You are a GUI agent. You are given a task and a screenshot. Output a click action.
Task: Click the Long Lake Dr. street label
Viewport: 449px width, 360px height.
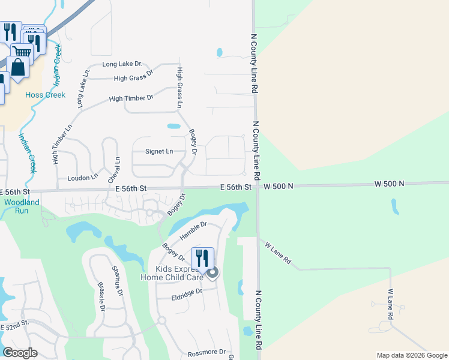tap(122, 64)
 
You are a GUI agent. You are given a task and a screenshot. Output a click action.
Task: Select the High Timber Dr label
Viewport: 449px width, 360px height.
tap(131, 97)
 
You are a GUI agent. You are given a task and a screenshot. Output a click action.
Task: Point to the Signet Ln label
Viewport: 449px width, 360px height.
tap(159, 152)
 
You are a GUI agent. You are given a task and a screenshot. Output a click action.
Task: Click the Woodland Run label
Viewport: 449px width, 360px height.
tap(22, 206)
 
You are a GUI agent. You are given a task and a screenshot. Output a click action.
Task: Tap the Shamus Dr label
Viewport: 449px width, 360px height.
tap(117, 281)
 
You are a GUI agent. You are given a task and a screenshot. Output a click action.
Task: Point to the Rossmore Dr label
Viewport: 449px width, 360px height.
tap(206, 352)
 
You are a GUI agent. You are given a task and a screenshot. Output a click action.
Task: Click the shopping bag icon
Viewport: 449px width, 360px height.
tap(19, 68)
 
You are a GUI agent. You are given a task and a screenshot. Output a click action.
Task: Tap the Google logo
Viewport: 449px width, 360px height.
tap(20, 353)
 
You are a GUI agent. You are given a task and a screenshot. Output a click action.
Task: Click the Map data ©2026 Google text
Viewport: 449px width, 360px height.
tap(411, 355)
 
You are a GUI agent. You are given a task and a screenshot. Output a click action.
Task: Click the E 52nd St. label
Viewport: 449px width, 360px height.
tap(15, 325)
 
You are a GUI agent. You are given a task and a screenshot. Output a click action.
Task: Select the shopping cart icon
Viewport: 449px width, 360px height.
tap(22, 51)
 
